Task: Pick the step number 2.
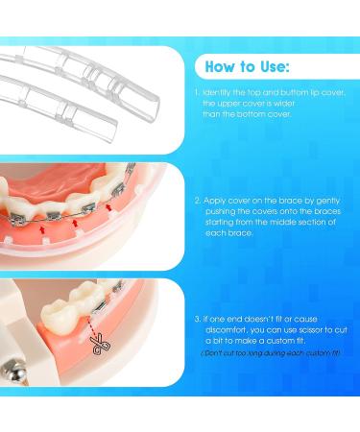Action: tap(196, 201)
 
